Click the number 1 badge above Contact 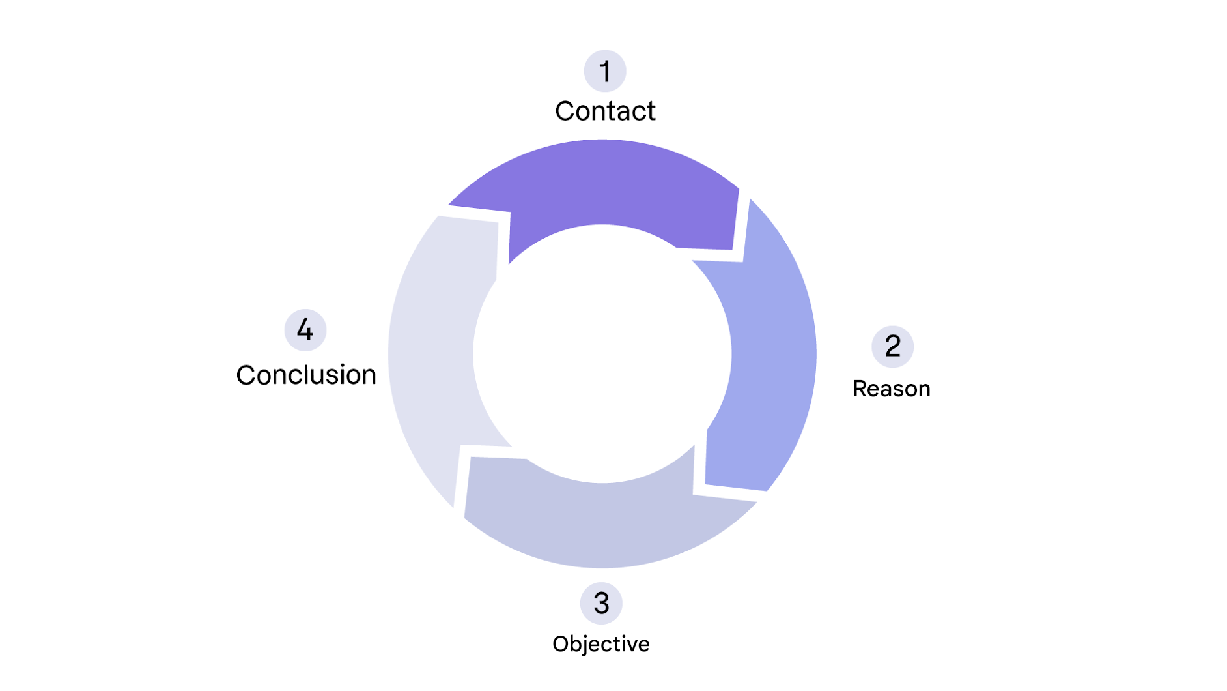coord(604,71)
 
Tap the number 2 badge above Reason coord(892,346)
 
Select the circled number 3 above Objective coord(601,603)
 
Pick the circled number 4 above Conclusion coord(305,330)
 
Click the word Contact coord(605,111)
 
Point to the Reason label coord(891,389)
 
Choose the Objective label coord(600,644)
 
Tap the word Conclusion coord(306,375)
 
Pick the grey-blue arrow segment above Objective coord(602,522)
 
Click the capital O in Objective coord(560,644)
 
